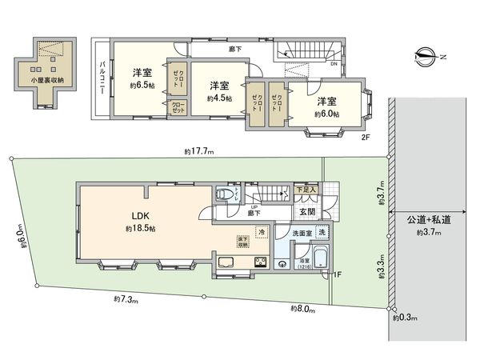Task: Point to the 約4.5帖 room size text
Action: click(x=218, y=98)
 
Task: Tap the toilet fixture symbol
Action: click(x=225, y=194)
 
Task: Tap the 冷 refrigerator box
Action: click(x=260, y=232)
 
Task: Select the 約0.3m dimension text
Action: click(x=405, y=318)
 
